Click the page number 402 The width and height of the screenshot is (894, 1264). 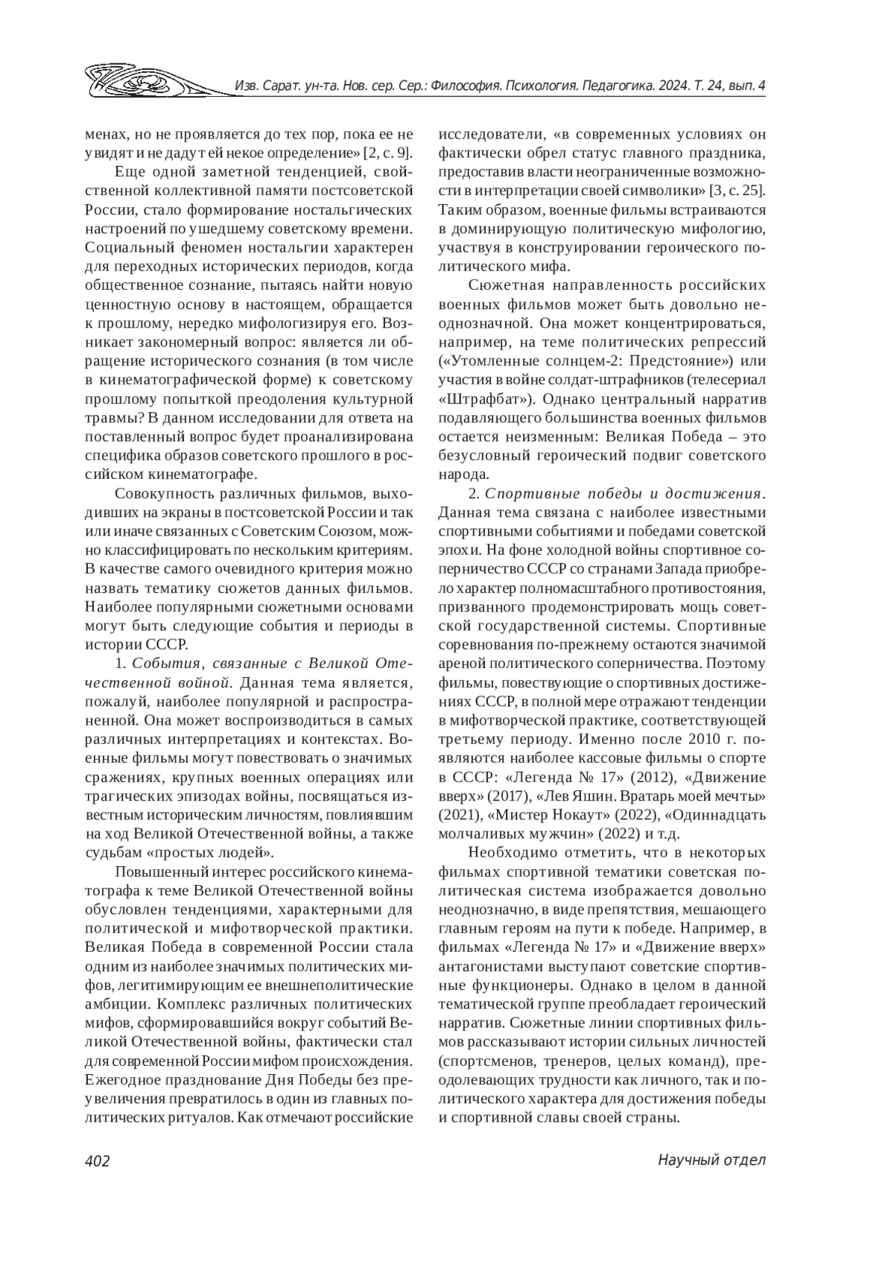tap(98, 1160)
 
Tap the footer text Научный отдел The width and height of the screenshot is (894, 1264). tap(712, 1160)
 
